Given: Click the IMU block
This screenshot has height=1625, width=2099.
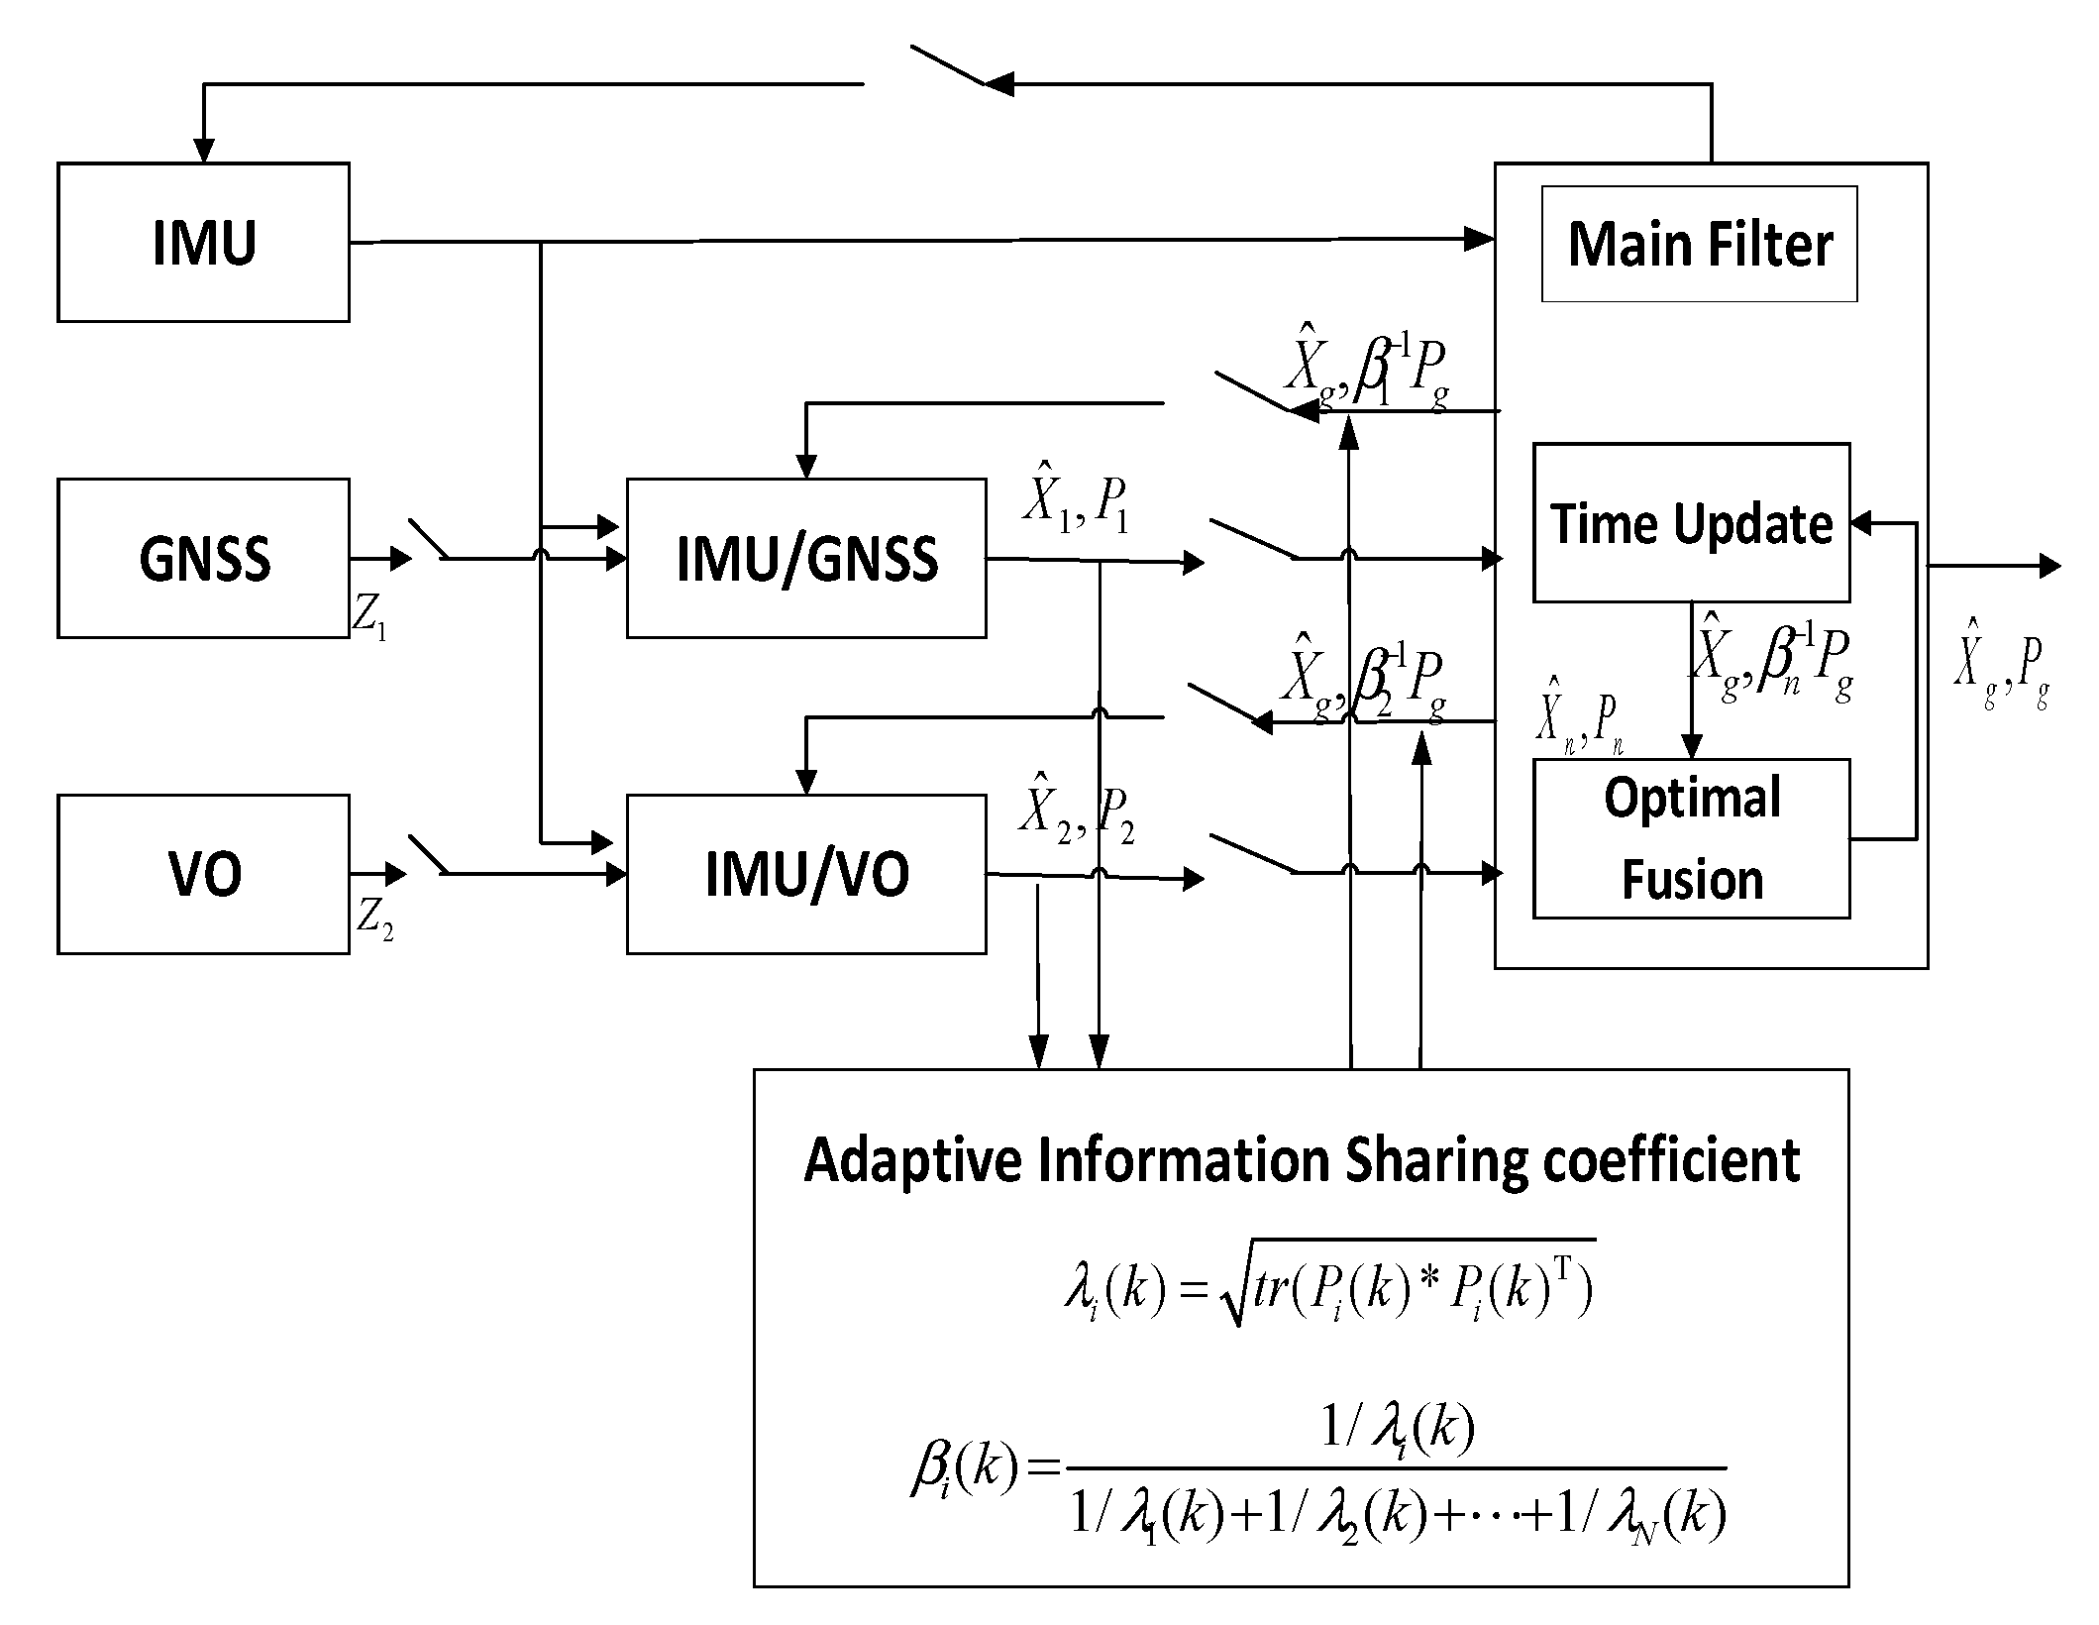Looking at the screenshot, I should pos(203,243).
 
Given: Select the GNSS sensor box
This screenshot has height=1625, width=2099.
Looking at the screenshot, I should pos(203,558).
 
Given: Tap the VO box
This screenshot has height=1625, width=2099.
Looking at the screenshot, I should pos(203,874).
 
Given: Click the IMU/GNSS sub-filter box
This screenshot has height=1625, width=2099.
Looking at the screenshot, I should pos(806,558).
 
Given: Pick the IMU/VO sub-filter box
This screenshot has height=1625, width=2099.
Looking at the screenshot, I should pos(806,874).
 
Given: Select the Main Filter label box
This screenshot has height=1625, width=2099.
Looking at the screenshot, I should pos(1699,244).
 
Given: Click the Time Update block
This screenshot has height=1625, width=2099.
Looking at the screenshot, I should pos(1691,522).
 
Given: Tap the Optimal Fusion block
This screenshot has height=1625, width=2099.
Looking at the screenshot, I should pos(1691,838).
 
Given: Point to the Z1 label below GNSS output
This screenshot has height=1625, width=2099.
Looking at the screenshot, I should pos(369,620).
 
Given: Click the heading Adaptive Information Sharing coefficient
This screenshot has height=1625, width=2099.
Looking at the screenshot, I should pos(1301,1160).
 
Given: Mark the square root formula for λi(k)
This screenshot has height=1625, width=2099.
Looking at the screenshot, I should pos(1327,1289).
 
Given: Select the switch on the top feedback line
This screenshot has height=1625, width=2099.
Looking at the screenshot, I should pos(946,66).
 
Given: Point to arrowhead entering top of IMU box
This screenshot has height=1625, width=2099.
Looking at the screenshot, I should pos(203,152).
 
